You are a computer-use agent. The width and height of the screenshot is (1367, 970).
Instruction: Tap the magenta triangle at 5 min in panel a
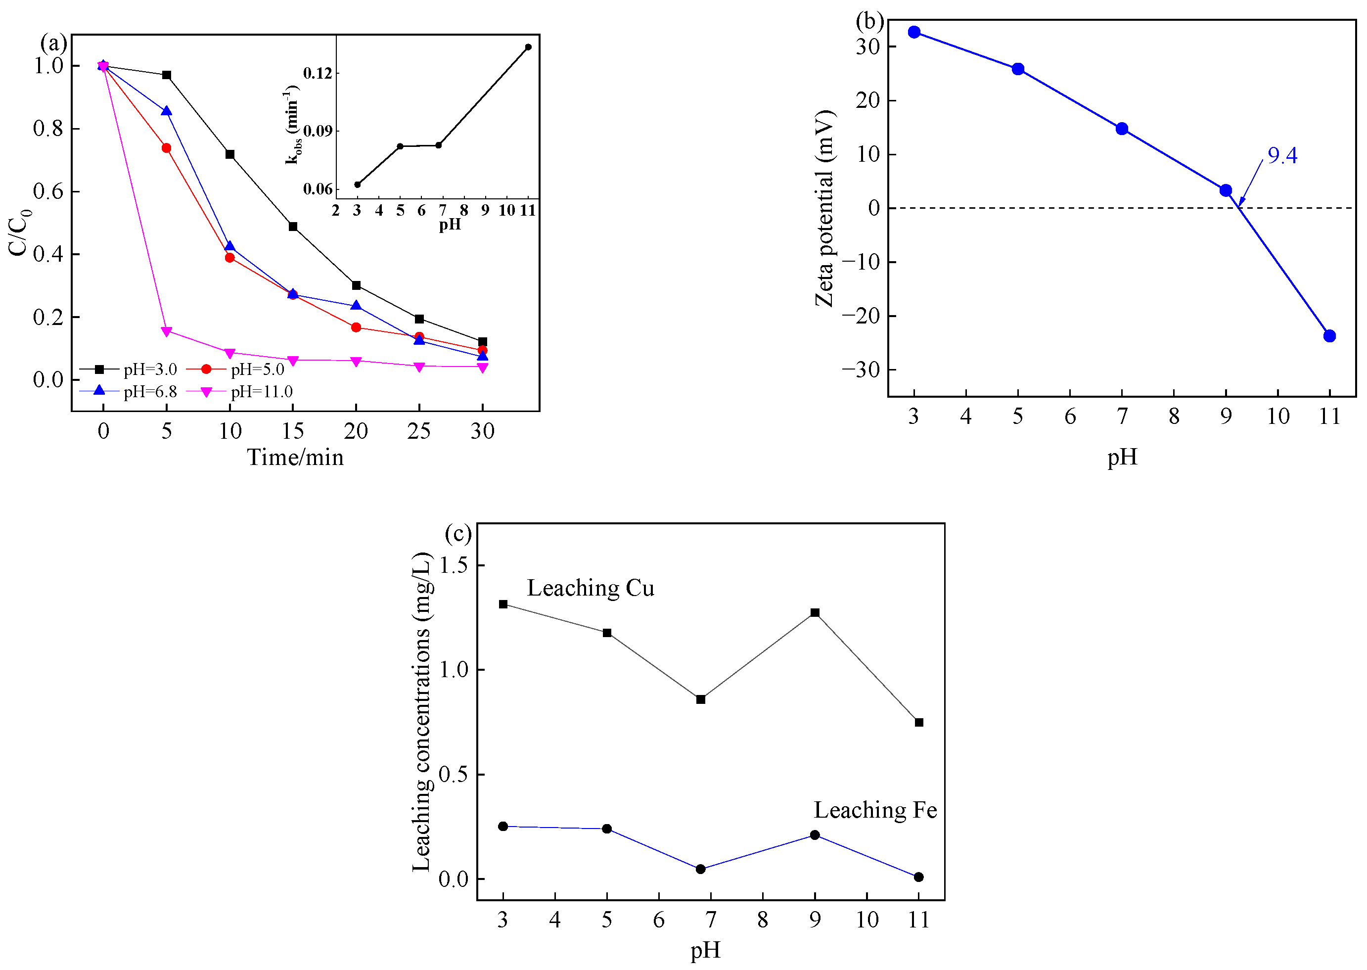[x=167, y=331]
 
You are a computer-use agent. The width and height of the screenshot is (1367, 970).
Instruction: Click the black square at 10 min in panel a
[x=230, y=155]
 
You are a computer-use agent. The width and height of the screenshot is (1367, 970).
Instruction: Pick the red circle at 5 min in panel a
[x=167, y=148]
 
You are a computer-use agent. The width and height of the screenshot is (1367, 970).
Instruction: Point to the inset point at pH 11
[x=528, y=47]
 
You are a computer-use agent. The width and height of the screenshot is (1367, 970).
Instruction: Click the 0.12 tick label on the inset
[x=317, y=74]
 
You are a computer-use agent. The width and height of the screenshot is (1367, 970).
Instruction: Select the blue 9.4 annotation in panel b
[x=1282, y=156]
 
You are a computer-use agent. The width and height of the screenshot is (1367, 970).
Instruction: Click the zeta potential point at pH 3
[x=913, y=32]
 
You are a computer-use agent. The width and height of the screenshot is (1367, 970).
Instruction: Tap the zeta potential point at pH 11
[x=1329, y=336]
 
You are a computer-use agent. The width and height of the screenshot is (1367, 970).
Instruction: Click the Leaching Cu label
[x=590, y=588]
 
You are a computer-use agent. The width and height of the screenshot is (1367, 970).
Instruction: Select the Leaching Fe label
[x=875, y=811]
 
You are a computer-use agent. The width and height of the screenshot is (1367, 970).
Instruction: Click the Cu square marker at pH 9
[x=815, y=613]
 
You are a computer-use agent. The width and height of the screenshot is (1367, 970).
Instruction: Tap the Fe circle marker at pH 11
[x=918, y=878]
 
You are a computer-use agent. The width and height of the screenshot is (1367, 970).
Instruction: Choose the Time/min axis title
[x=296, y=458]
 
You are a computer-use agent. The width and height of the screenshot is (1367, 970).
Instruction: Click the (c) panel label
[x=458, y=533]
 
